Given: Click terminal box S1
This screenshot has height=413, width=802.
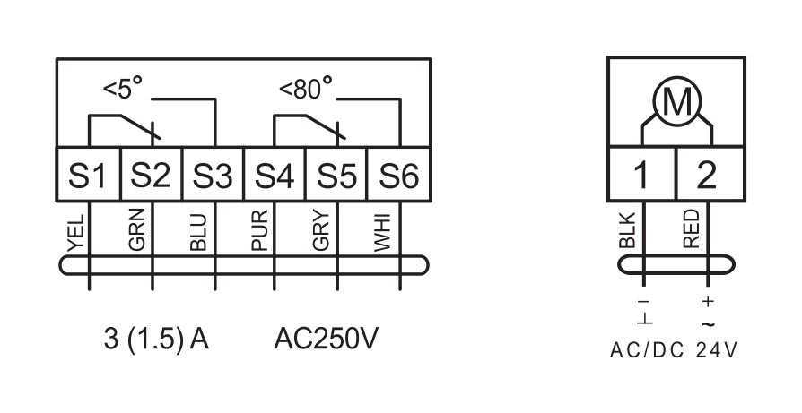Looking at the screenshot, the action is pyautogui.click(x=89, y=175).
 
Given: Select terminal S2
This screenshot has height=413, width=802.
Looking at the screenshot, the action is pyautogui.click(x=152, y=175).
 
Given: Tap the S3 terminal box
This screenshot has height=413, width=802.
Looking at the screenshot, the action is pyautogui.click(x=214, y=175).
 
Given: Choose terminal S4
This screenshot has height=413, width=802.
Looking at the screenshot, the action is pyautogui.click(x=275, y=175).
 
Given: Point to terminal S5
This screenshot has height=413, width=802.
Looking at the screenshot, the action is pyautogui.click(x=336, y=175).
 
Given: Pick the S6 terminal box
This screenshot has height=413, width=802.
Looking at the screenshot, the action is pyautogui.click(x=399, y=175).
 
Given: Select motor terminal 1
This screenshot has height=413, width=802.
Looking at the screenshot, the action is pyautogui.click(x=642, y=174).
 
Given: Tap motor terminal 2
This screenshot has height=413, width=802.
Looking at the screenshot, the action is pyautogui.click(x=710, y=174).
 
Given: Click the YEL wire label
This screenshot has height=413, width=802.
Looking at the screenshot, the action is pyautogui.click(x=76, y=233).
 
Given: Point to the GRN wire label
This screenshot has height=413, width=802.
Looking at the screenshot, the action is pyautogui.click(x=137, y=229).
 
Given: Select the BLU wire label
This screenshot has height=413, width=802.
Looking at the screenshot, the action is pyautogui.click(x=198, y=233).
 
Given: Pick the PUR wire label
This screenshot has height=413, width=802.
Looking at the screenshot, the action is pyautogui.click(x=260, y=231).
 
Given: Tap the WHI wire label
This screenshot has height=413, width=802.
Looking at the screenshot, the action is pyautogui.click(x=382, y=233).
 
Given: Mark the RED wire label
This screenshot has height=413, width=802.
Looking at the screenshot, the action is pyautogui.click(x=691, y=229).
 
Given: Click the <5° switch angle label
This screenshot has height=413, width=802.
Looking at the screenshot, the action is pyautogui.click(x=123, y=88).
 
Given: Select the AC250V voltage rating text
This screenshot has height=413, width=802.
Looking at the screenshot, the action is pyautogui.click(x=327, y=339).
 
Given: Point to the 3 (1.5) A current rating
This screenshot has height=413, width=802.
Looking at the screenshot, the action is pyautogui.click(x=156, y=339).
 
